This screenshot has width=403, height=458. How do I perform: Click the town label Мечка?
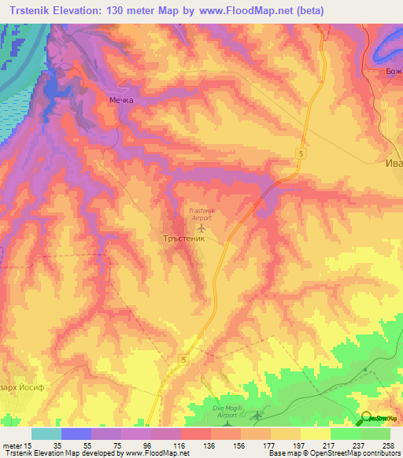[120, 100]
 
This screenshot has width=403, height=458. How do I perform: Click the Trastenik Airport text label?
[202, 215]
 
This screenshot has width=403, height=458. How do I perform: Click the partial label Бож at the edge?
[390, 72]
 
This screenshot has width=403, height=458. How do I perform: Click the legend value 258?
[388, 445]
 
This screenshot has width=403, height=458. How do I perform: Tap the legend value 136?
[209, 445]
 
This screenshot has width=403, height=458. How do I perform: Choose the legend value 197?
[298, 445]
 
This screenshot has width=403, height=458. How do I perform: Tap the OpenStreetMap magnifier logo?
[367, 418]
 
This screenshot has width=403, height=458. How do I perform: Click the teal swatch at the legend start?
[46, 434]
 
